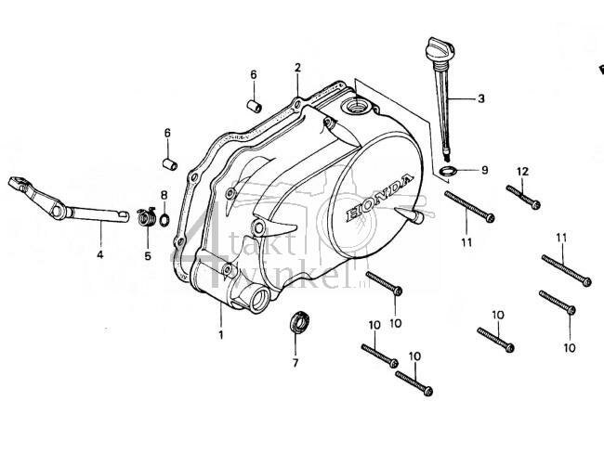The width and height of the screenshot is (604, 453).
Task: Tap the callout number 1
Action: tap(221, 334)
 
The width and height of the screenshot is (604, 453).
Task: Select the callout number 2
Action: tap(298, 68)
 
